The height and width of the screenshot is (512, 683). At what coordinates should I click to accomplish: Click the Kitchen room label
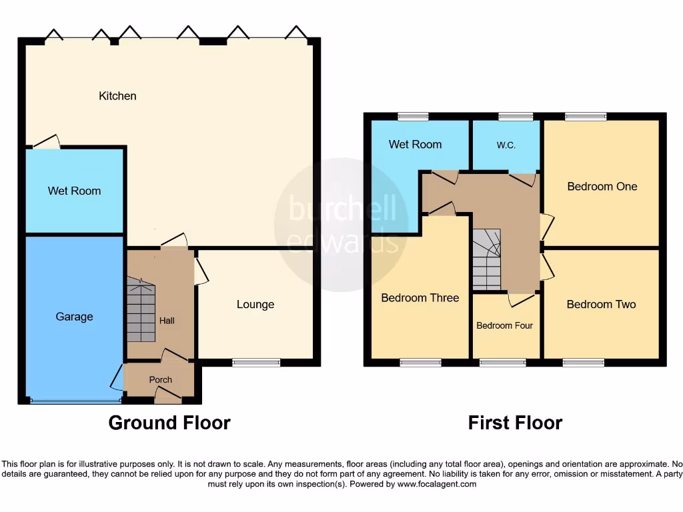pyautogui.click(x=117, y=96)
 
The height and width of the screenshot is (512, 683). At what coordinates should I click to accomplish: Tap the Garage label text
pyautogui.click(x=74, y=317)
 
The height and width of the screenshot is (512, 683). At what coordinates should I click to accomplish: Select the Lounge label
pyautogui.click(x=255, y=305)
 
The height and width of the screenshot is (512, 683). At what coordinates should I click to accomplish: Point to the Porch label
pyautogui.click(x=160, y=380)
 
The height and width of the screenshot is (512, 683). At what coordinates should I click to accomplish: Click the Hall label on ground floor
pyautogui.click(x=167, y=321)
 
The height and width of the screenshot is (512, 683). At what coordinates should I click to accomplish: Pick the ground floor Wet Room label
pyautogui.click(x=74, y=191)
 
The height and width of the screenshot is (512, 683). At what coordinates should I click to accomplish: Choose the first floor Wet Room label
pyautogui.click(x=415, y=145)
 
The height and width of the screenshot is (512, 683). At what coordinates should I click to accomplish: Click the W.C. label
pyautogui.click(x=506, y=145)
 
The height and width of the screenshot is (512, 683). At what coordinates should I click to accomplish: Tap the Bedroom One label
pyautogui.click(x=602, y=187)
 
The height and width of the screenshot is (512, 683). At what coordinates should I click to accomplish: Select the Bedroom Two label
pyautogui.click(x=601, y=305)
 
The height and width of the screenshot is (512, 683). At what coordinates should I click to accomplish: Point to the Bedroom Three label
pyautogui.click(x=420, y=298)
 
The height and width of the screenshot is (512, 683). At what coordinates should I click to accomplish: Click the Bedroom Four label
pyautogui.click(x=504, y=326)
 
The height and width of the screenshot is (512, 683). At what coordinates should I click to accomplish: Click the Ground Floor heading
pyautogui.click(x=169, y=423)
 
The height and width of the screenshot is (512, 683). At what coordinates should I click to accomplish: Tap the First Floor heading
pyautogui.click(x=515, y=423)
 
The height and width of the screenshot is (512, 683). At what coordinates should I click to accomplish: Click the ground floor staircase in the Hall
pyautogui.click(x=141, y=311)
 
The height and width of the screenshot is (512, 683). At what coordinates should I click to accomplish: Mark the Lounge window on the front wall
pyautogui.click(x=256, y=363)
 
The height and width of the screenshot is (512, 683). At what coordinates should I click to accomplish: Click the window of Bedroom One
pyautogui.click(x=586, y=117)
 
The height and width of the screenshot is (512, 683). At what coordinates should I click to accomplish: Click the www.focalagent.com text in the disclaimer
pyautogui.click(x=436, y=485)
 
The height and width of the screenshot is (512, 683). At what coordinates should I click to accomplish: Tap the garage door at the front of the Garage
pyautogui.click(x=75, y=401)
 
